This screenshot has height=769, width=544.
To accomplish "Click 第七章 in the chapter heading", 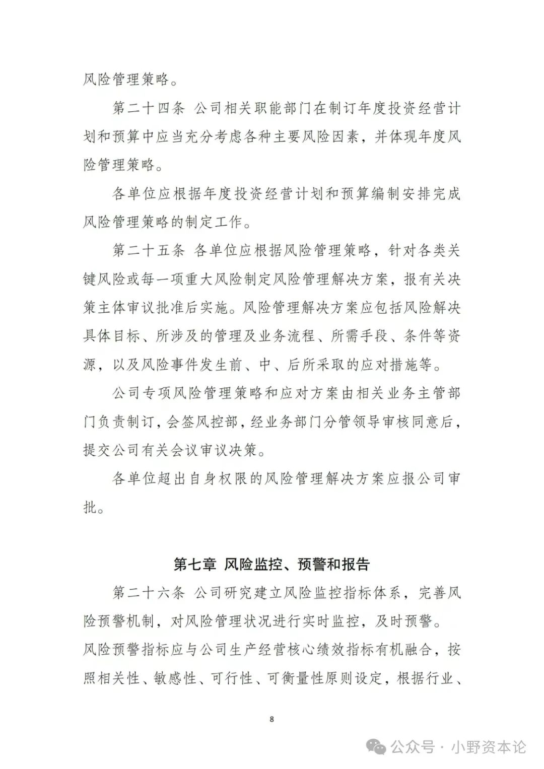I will [194, 564].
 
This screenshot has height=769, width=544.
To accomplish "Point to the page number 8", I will [272, 719].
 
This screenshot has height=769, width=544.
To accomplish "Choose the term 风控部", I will [217, 421].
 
